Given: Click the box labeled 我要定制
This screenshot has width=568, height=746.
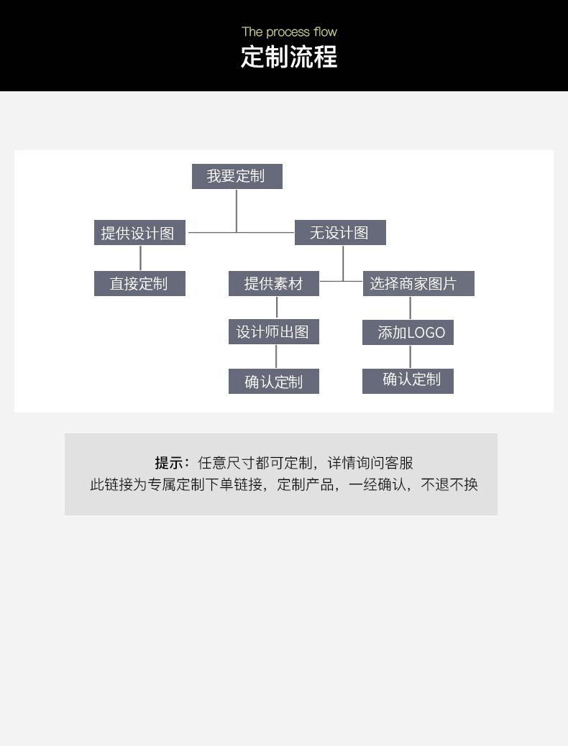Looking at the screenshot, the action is pyautogui.click(x=237, y=176).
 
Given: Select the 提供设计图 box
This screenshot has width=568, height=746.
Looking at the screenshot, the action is pyautogui.click(x=139, y=233).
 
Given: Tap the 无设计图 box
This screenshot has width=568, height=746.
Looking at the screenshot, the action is pyautogui.click(x=340, y=233).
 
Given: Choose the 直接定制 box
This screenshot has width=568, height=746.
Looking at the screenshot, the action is pyautogui.click(x=139, y=284).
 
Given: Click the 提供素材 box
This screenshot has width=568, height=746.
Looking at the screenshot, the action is pyautogui.click(x=273, y=284).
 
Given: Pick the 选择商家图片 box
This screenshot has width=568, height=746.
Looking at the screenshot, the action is pyautogui.click(x=418, y=284).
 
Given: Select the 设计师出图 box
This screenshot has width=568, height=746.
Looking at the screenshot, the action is pyautogui.click(x=273, y=332).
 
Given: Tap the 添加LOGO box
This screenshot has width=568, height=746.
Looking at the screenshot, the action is pyautogui.click(x=408, y=333).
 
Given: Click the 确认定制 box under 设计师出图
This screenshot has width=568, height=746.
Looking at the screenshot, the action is pyautogui.click(x=273, y=382).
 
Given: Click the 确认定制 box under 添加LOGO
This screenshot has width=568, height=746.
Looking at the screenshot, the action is pyautogui.click(x=408, y=380).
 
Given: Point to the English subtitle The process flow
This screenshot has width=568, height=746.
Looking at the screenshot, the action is pyautogui.click(x=289, y=32).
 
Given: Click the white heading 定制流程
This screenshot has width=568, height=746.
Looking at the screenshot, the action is pyautogui.click(x=289, y=57).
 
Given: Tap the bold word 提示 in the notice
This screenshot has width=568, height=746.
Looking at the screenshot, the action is pyautogui.click(x=170, y=463).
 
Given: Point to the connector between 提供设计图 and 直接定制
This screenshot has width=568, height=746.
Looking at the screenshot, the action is pyautogui.click(x=140, y=258).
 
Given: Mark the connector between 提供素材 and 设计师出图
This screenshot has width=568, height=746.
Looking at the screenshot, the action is pyautogui.click(x=277, y=308).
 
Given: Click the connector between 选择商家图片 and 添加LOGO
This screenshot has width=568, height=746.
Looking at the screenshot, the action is pyautogui.click(x=411, y=308).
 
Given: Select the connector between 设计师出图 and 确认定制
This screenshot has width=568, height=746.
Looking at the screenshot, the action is pyautogui.click(x=276, y=357).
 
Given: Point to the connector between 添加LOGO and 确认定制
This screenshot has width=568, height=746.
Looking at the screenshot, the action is pyautogui.click(x=411, y=357).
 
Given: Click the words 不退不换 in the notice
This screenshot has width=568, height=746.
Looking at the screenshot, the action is pyautogui.click(x=449, y=484).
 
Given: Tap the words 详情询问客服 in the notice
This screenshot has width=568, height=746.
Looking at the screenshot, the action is pyautogui.click(x=370, y=463).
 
